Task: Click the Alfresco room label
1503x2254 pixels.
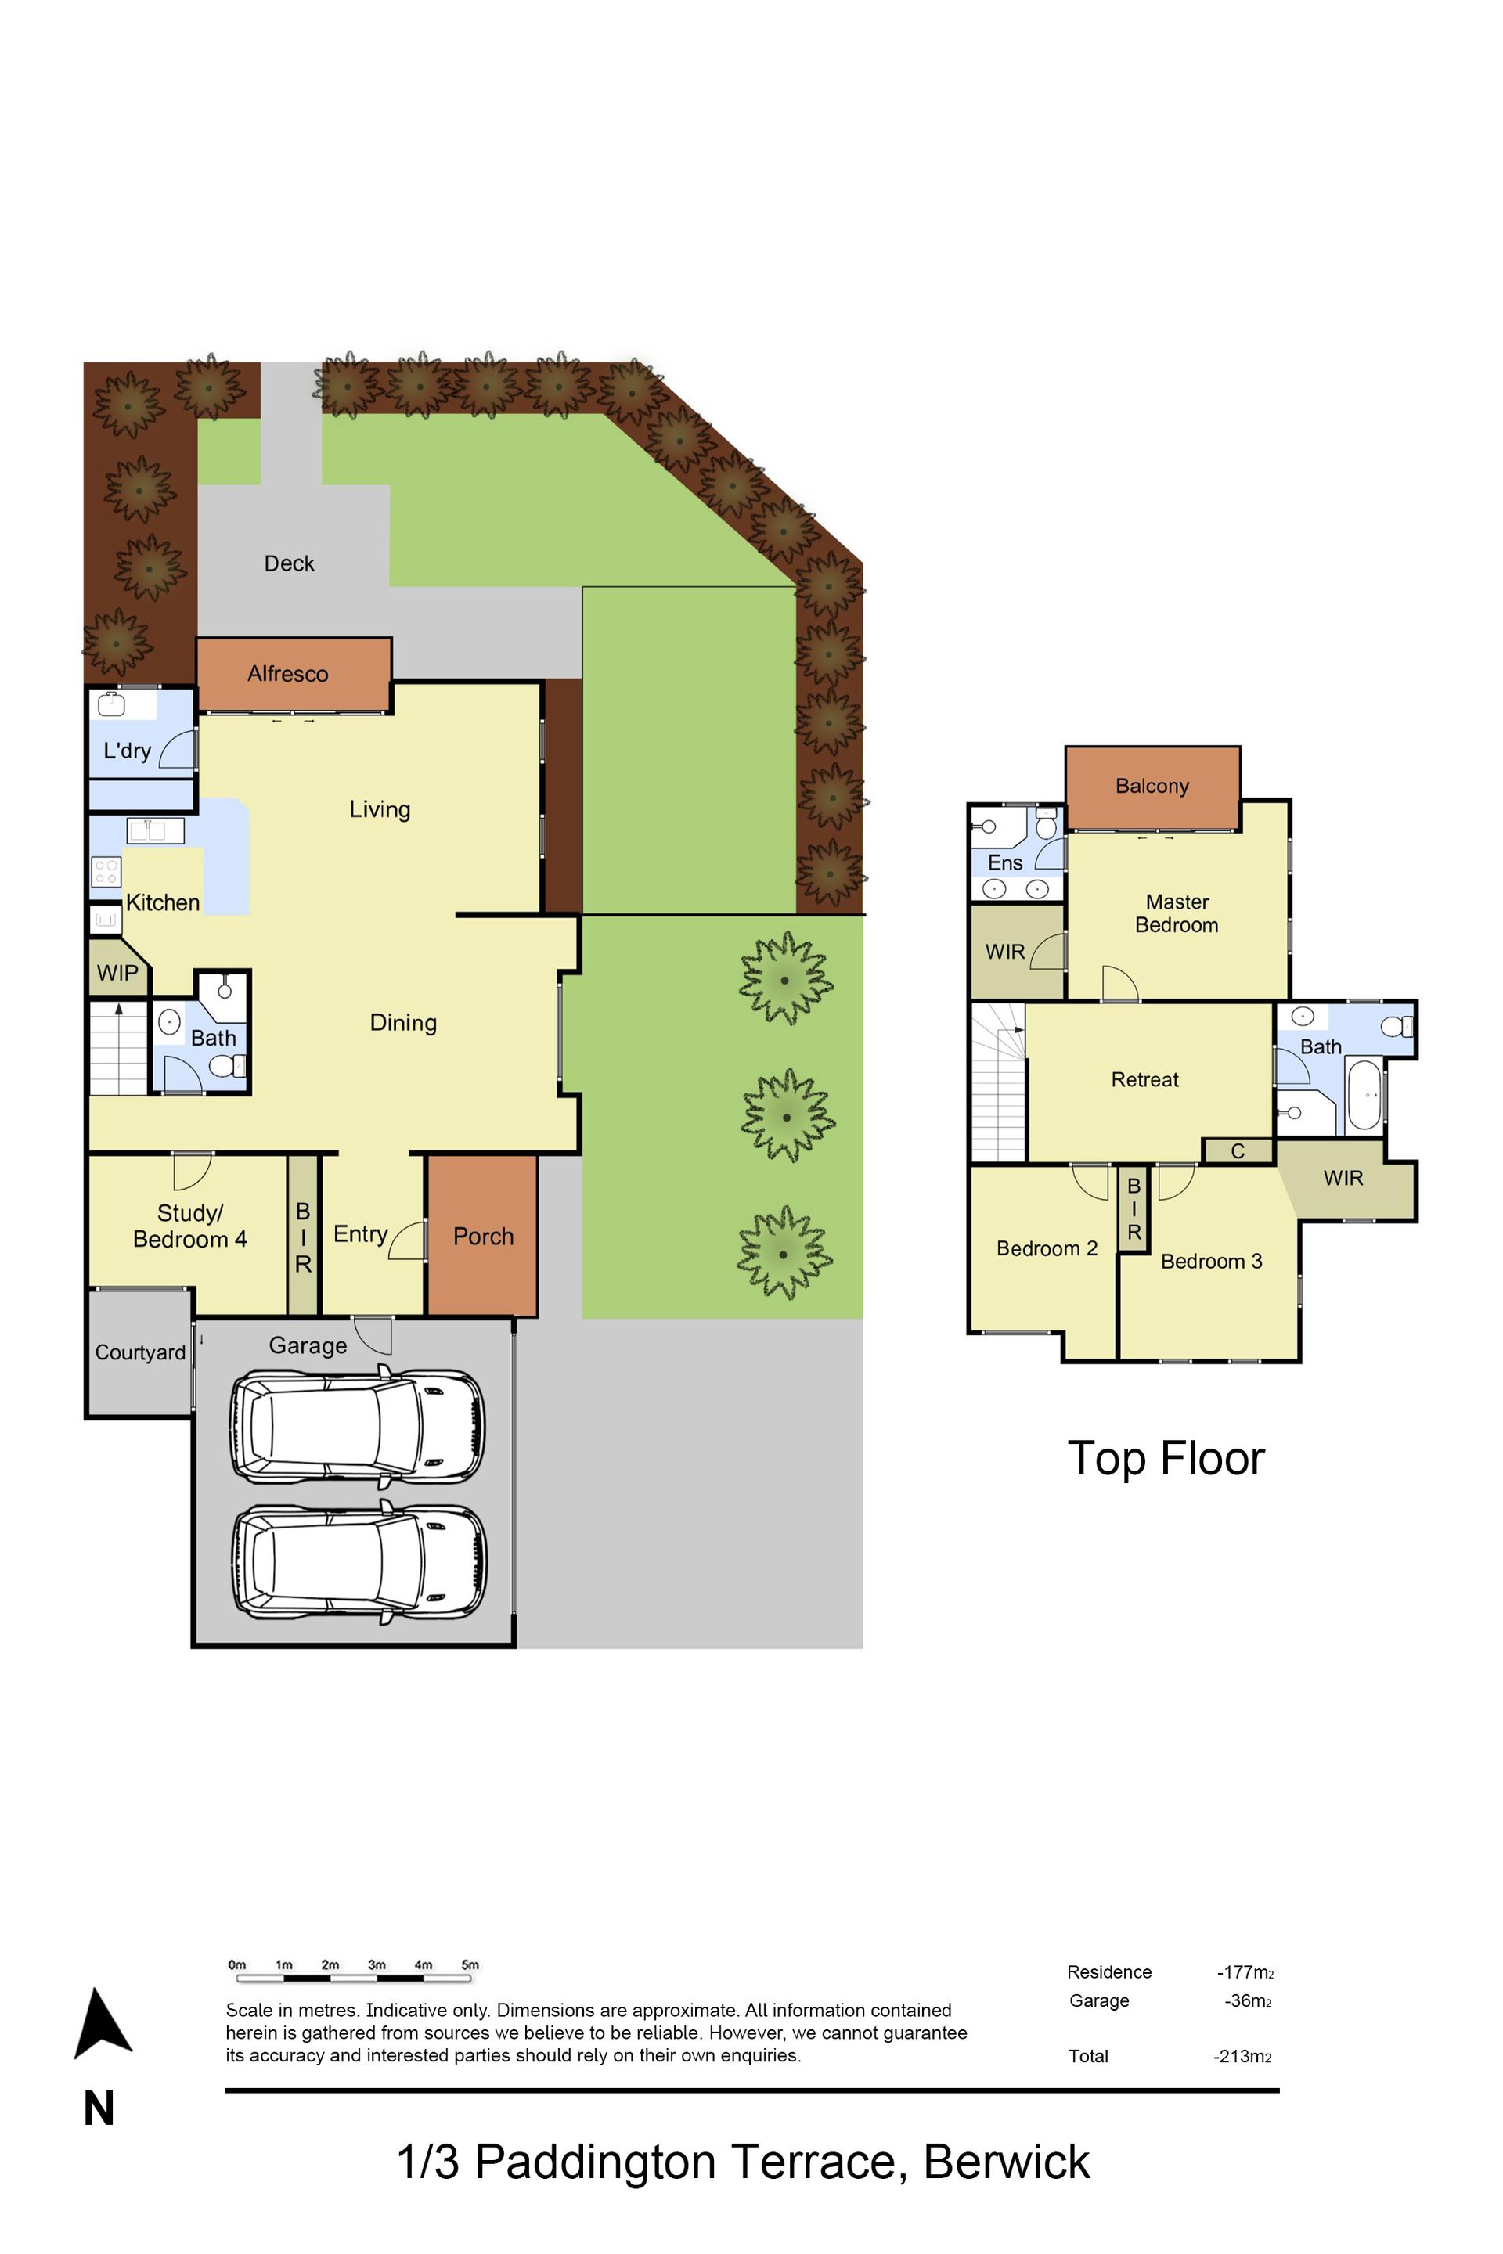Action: [287, 674]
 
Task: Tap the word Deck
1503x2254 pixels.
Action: [290, 563]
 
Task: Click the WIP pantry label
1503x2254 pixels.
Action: [117, 973]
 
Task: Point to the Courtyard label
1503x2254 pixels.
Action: [140, 1352]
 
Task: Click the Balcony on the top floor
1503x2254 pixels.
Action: [1152, 788]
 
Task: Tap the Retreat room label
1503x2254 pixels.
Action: [1144, 1080]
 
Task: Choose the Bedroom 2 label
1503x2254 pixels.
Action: [1047, 1249]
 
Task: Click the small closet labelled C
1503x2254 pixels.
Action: [1238, 1151]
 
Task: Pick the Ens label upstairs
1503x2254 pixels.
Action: [1005, 862]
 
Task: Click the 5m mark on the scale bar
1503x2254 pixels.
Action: [470, 1964]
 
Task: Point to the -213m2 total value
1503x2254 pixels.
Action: [1243, 2056]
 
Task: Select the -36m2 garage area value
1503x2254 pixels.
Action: [1248, 2000]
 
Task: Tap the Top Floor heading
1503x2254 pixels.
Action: [1166, 1459]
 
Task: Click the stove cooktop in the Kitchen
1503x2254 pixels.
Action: [106, 871]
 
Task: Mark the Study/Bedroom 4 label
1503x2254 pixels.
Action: [189, 1226]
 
